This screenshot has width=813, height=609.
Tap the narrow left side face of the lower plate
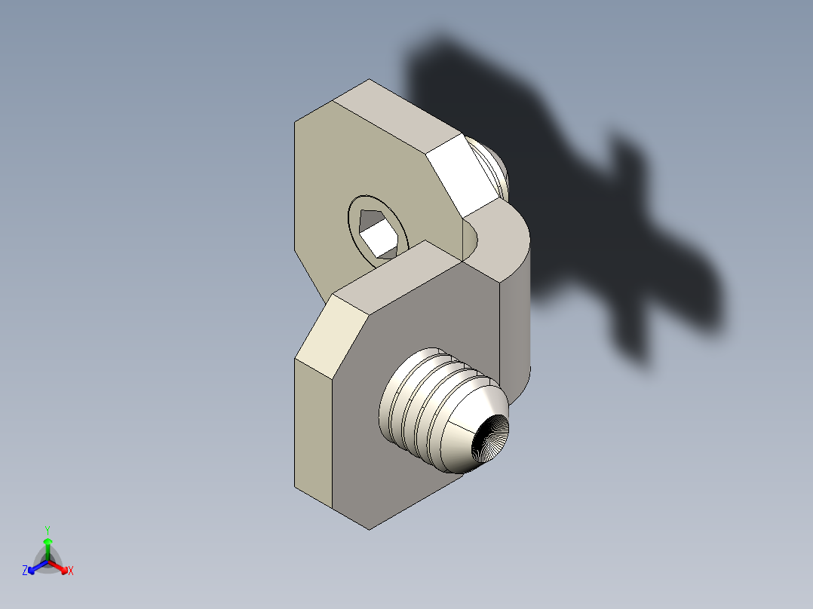click(312, 430)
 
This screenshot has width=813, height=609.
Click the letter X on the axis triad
click(71, 571)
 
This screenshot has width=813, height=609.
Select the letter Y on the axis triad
click(47, 530)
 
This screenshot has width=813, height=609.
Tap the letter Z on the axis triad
click(25, 571)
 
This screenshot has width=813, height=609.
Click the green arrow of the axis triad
click(47, 546)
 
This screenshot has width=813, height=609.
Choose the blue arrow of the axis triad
click(35, 568)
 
